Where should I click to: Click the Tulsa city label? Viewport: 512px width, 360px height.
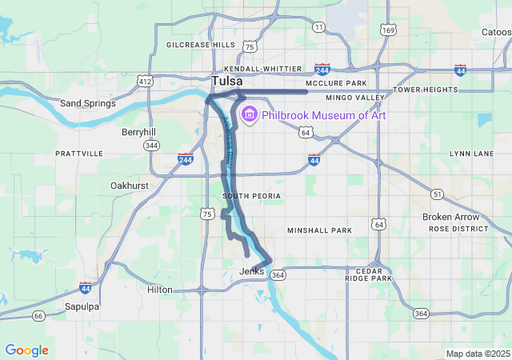tap(227, 81)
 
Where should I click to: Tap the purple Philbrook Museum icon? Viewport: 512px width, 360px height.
tap(249, 115)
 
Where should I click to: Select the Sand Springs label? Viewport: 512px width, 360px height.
tap(88, 103)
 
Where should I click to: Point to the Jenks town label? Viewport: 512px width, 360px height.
tap(251, 272)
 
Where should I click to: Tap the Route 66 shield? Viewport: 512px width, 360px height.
tap(38, 316)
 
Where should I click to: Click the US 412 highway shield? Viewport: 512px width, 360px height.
tap(144, 81)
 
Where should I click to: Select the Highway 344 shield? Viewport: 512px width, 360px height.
tap(151, 146)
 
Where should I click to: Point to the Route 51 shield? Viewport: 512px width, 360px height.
tap(437, 194)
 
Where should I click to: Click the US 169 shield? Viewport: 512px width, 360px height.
tap(388, 30)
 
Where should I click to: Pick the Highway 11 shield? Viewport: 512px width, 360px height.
tap(319, 27)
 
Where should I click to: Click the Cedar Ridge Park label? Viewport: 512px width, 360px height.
tap(369, 274)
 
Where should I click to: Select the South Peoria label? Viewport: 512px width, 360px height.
tap(251, 196)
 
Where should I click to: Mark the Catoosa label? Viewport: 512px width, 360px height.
tap(496, 33)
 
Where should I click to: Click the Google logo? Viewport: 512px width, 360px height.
tap(26, 350)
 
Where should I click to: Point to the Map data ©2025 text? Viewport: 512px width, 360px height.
tap(477, 354)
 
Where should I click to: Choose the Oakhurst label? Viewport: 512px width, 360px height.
tap(128, 186)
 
